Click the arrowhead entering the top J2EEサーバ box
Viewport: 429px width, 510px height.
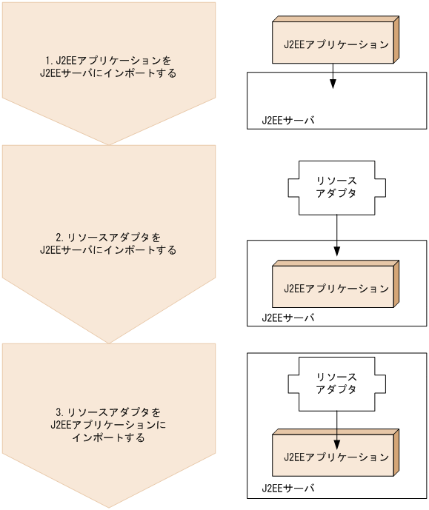333,84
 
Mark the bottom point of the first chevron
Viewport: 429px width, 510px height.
109,144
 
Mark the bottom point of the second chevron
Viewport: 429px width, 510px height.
109,343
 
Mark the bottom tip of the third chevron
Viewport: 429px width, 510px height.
109,507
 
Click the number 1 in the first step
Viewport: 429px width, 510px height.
48,59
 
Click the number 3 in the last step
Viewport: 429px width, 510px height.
59,411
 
